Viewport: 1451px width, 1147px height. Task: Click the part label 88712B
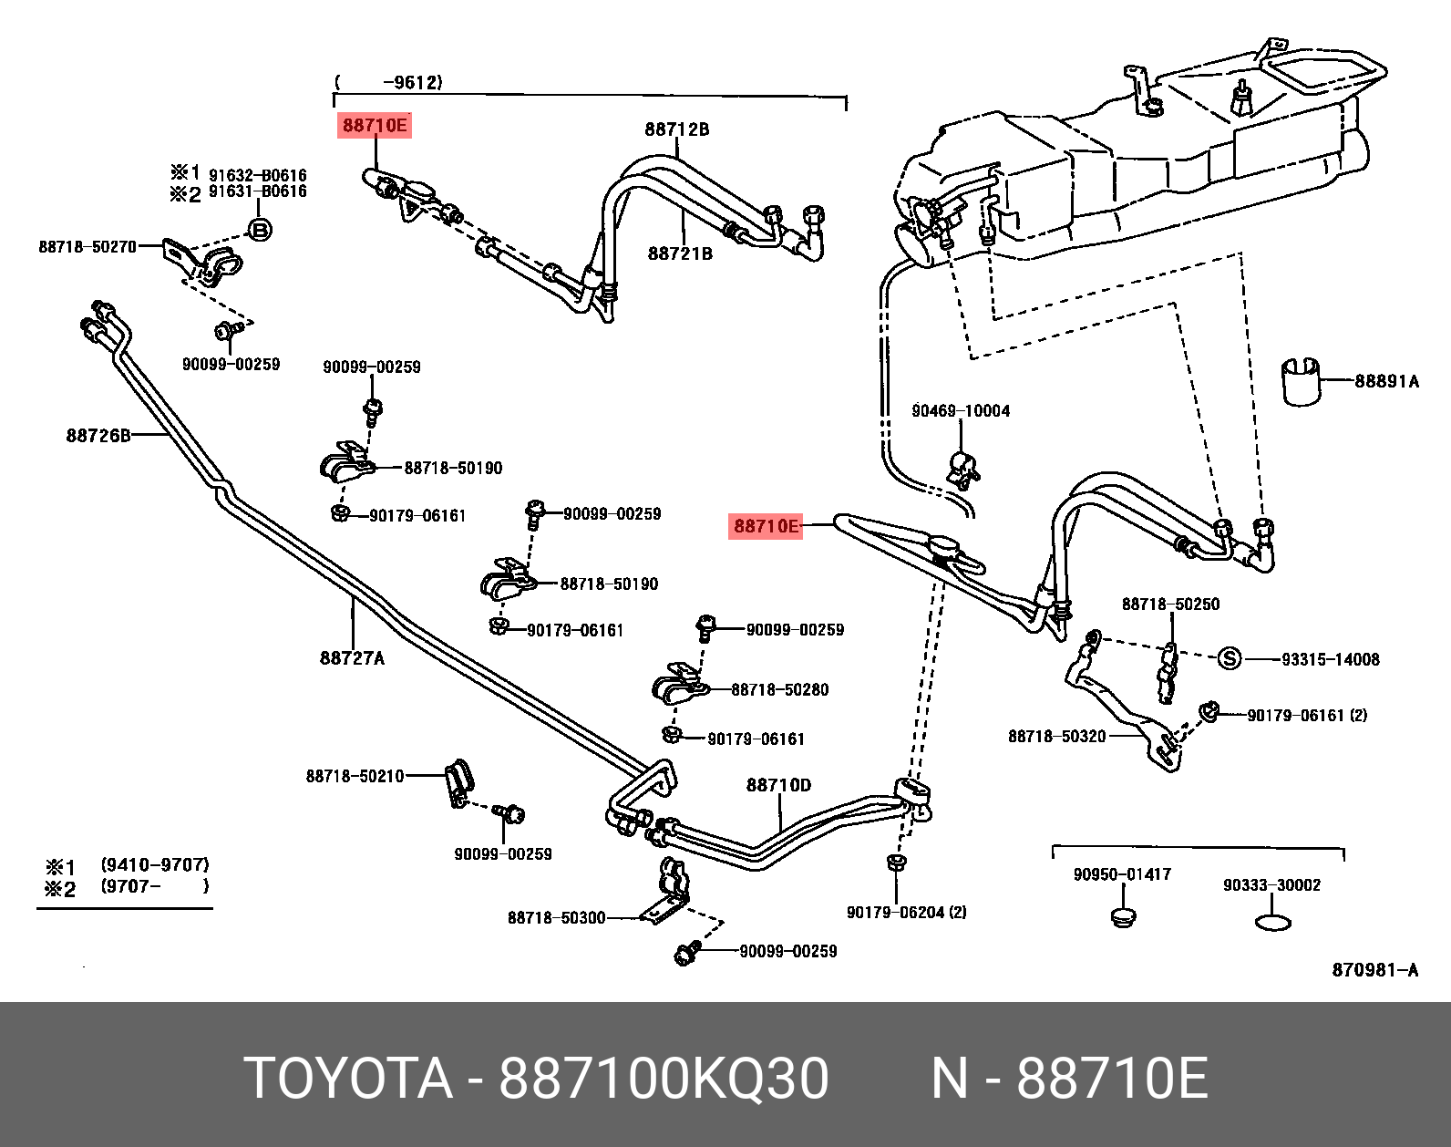pyautogui.click(x=676, y=129)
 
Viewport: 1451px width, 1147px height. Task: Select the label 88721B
pyautogui.click(x=680, y=253)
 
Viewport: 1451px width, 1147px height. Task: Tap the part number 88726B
pyautogui.click(x=98, y=436)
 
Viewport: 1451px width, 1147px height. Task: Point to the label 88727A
pyautogui.click(x=352, y=657)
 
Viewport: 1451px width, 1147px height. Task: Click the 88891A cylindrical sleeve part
pyautogui.click(x=1302, y=380)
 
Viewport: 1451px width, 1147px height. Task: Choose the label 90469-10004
pyautogui.click(x=961, y=411)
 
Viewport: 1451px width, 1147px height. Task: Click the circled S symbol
pyautogui.click(x=1230, y=658)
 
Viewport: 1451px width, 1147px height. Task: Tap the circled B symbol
pyautogui.click(x=260, y=230)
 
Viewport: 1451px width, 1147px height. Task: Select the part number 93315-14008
pyautogui.click(x=1331, y=659)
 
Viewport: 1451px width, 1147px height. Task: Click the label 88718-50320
pyautogui.click(x=1056, y=736)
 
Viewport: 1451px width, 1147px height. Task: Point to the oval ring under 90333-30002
pyautogui.click(x=1273, y=923)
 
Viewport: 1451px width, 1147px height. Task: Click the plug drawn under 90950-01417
pyautogui.click(x=1122, y=915)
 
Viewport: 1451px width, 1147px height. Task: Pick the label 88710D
pyautogui.click(x=778, y=785)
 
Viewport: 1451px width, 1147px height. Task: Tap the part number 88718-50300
pyautogui.click(x=556, y=917)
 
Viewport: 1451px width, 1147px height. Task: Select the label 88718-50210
pyautogui.click(x=355, y=776)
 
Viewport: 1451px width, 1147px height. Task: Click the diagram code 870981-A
pyautogui.click(x=1374, y=970)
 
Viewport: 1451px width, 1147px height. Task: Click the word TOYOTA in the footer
pyautogui.click(x=348, y=1079)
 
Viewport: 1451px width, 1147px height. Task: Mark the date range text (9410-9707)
pyautogui.click(x=155, y=864)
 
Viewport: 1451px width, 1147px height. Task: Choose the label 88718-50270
pyautogui.click(x=87, y=246)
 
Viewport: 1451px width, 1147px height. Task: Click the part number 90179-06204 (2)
pyautogui.click(x=906, y=911)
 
